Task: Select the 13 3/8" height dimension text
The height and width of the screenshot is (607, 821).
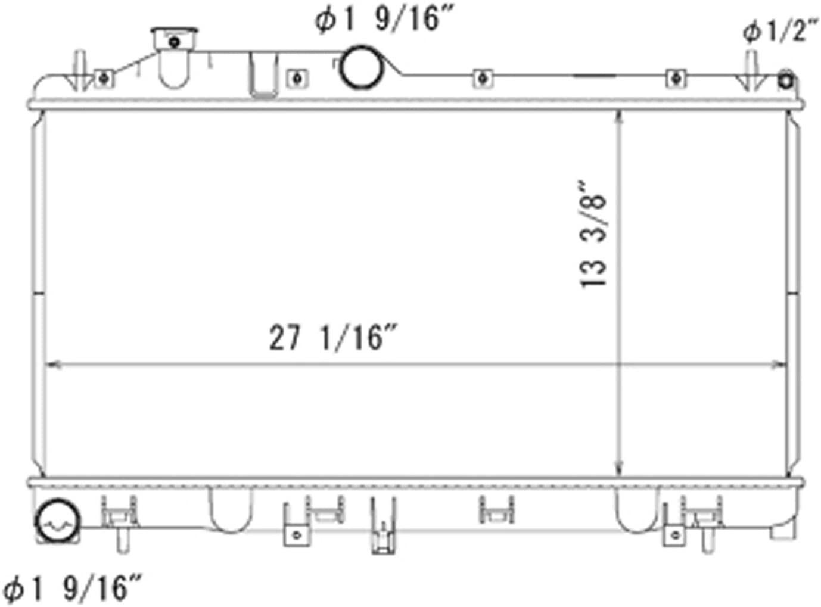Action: (593, 234)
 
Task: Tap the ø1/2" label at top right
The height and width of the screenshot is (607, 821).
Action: (779, 31)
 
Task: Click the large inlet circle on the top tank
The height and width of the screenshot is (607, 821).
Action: (362, 67)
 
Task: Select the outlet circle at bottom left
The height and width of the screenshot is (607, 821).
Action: (57, 521)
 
